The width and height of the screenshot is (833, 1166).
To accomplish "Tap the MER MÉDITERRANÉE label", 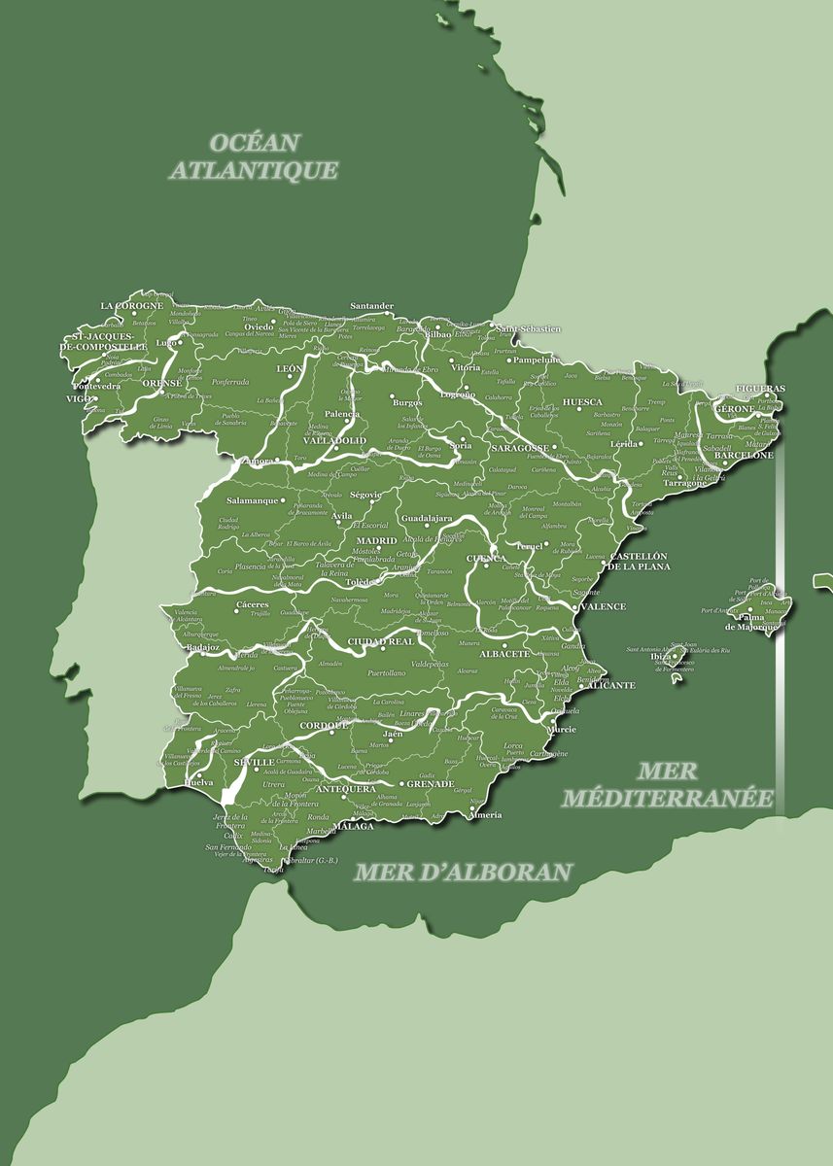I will pos(668,785).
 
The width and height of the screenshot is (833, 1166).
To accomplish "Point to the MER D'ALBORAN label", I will pos(462,872).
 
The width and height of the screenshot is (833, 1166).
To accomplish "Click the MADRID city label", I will pos(376,541).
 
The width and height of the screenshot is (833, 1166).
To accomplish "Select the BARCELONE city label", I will pos(744,455).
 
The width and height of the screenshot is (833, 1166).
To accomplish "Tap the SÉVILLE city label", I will pos(254,763).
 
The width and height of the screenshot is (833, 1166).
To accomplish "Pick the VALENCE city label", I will pos(604,606).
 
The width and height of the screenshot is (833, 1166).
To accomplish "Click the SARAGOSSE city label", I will pos(519,448).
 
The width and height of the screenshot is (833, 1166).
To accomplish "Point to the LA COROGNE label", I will pos(132,306).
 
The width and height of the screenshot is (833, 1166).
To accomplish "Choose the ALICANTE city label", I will pos(610,685).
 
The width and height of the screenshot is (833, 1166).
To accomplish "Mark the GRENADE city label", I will pos(430,783).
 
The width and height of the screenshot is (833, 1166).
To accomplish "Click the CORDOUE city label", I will pos(323,725).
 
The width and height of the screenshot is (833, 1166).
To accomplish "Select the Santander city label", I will pos(371,306).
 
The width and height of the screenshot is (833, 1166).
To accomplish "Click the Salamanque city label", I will pos(253,500).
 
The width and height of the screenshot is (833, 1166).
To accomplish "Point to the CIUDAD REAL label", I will pos(381,641).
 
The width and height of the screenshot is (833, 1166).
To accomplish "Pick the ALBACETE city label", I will pos(505,654).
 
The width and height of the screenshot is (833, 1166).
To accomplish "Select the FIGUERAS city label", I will pos(761,389).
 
